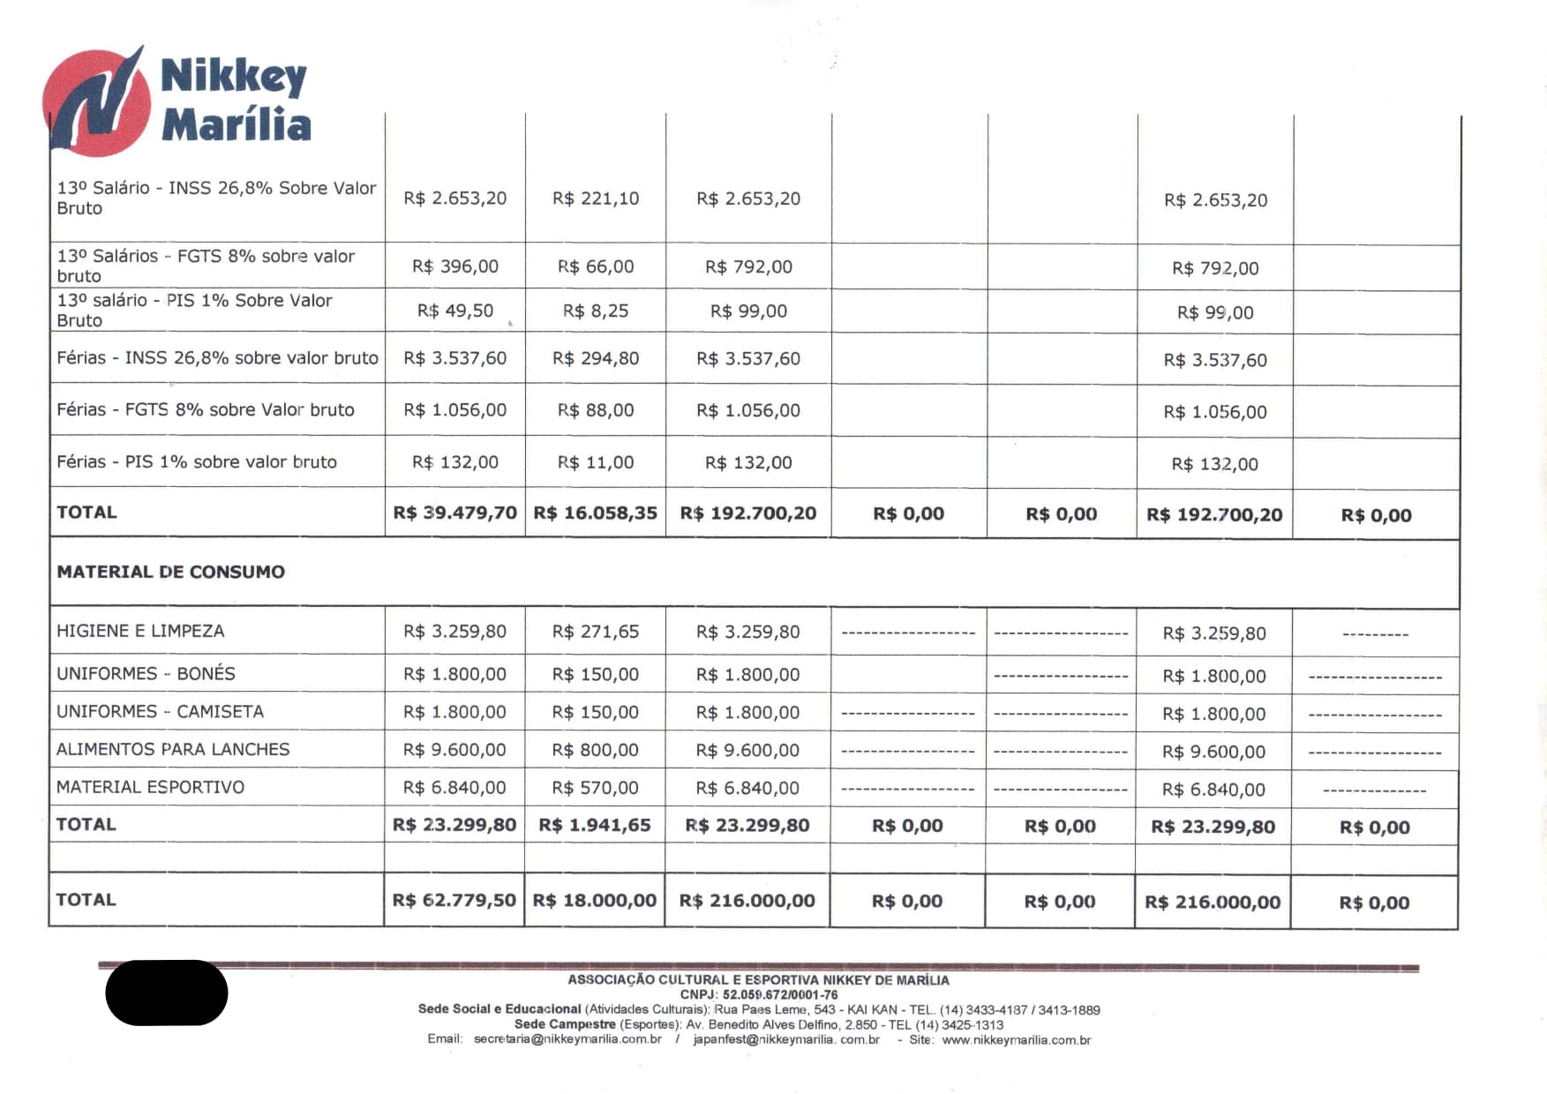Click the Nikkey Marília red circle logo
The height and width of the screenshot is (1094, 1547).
click(96, 102)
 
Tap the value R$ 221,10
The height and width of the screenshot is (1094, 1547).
click(596, 199)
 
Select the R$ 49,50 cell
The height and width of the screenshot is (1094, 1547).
click(455, 311)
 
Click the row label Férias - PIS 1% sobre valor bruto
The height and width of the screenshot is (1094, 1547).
click(197, 461)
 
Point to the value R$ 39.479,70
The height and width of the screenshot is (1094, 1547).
click(454, 513)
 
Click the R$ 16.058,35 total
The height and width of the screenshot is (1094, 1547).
click(596, 513)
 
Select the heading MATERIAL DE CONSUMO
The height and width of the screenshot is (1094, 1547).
click(171, 572)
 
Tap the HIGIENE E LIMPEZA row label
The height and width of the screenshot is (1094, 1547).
click(140, 631)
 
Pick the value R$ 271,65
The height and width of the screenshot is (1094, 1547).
click(596, 632)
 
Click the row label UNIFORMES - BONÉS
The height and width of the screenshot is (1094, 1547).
click(146, 673)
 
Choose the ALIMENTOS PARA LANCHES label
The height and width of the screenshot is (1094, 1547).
click(173, 749)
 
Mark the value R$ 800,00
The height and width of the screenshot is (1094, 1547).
click(596, 750)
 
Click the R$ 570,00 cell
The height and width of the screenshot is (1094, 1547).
click(596, 788)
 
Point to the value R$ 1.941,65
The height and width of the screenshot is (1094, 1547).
click(595, 825)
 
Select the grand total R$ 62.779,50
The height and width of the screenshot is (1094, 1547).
click(454, 900)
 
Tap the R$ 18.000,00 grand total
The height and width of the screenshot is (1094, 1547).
click(595, 900)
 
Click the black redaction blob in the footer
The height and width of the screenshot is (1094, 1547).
click(167, 993)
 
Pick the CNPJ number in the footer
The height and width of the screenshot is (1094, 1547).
click(780, 994)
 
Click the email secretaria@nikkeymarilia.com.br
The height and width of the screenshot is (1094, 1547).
click(567, 1039)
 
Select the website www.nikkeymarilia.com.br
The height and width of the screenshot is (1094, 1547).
click(1017, 1040)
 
